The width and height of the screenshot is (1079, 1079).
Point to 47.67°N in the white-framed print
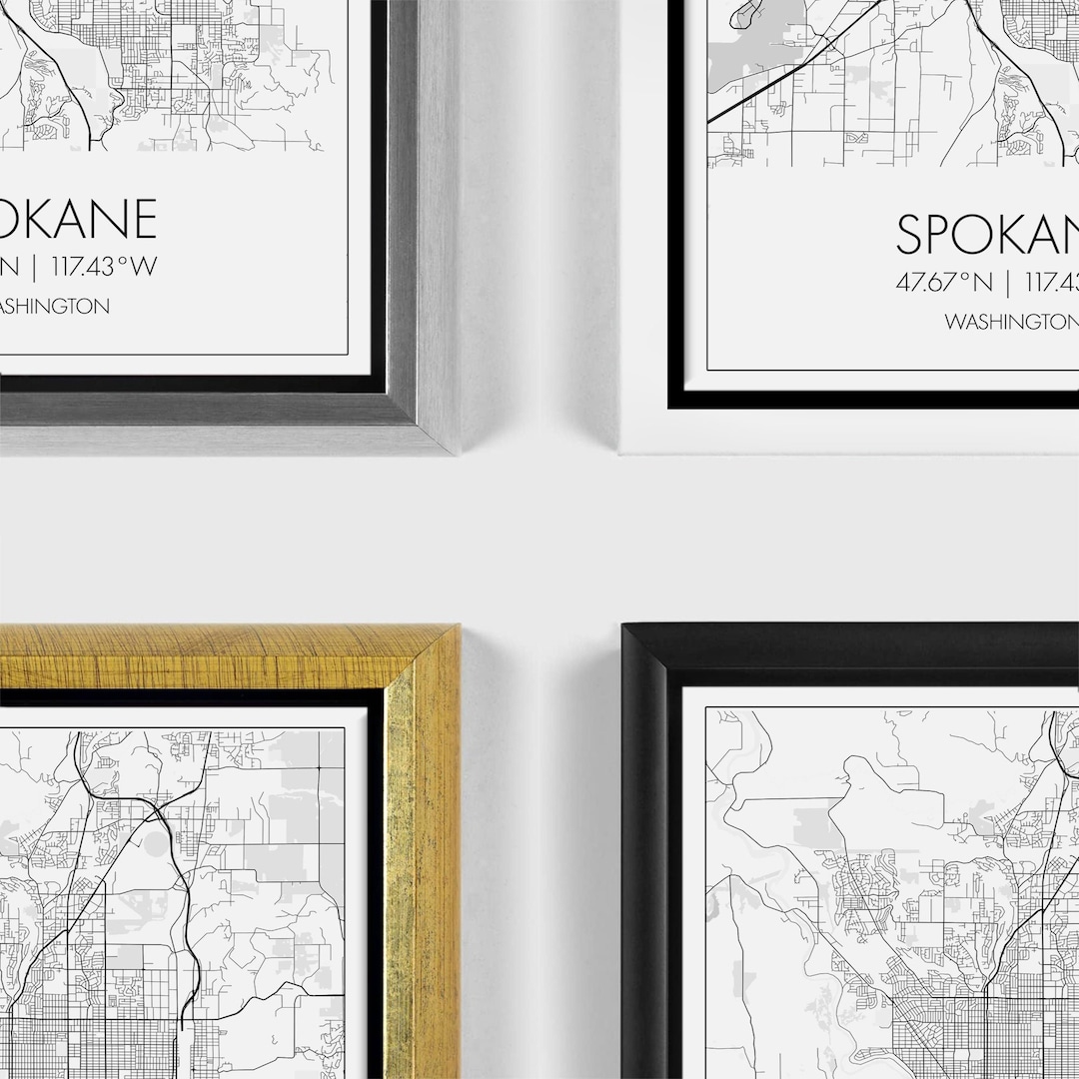[944, 283]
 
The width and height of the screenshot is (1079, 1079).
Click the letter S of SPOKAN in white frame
[912, 234]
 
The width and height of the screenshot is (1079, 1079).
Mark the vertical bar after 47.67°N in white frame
[1009, 283]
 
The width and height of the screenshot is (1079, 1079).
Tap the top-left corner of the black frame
[624, 626]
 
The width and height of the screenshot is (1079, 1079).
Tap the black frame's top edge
[849, 644]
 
